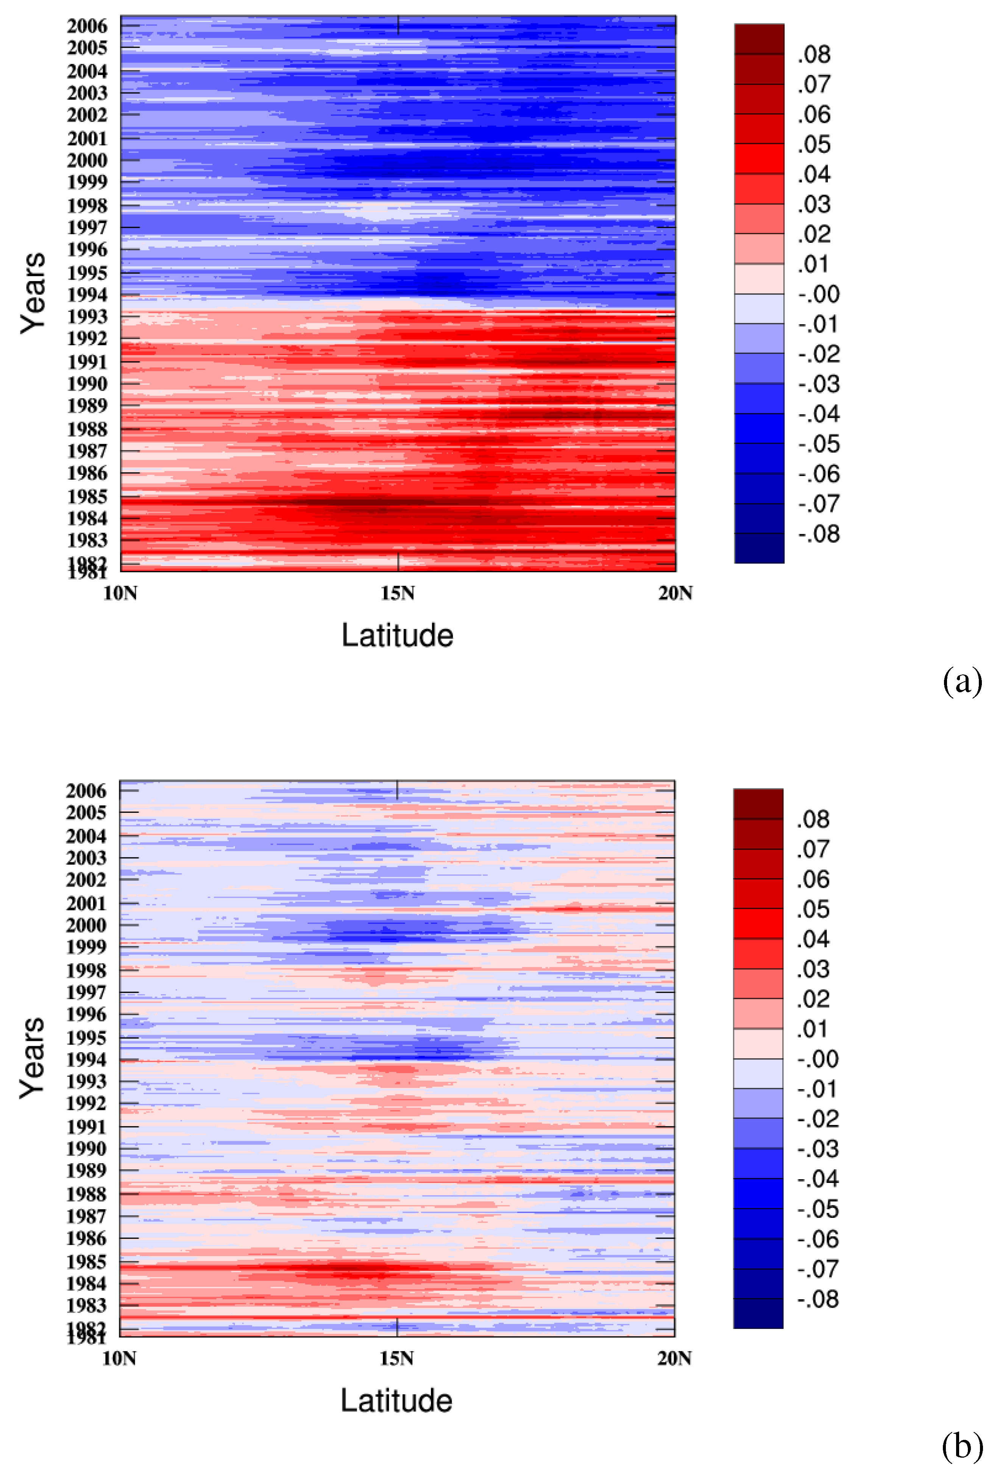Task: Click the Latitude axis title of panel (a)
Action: point(398,635)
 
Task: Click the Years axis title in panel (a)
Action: point(33,293)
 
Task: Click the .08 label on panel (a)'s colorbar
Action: point(814,54)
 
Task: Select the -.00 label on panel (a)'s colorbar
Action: point(819,294)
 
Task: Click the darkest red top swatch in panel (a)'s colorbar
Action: point(759,39)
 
